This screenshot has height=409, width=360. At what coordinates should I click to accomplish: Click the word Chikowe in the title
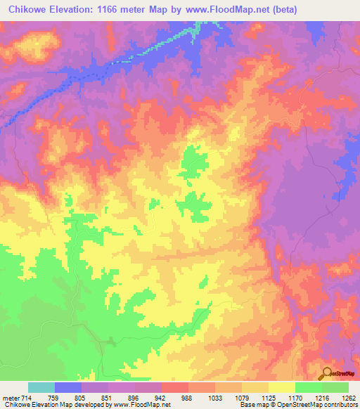(x=30, y=10)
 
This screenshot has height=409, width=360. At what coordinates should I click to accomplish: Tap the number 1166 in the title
(x=120, y=10)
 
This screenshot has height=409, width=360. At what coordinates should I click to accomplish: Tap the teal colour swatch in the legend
(x=41, y=387)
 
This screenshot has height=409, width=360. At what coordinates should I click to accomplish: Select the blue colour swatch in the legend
(x=68, y=387)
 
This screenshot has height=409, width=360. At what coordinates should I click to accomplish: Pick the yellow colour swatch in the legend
(x=282, y=387)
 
